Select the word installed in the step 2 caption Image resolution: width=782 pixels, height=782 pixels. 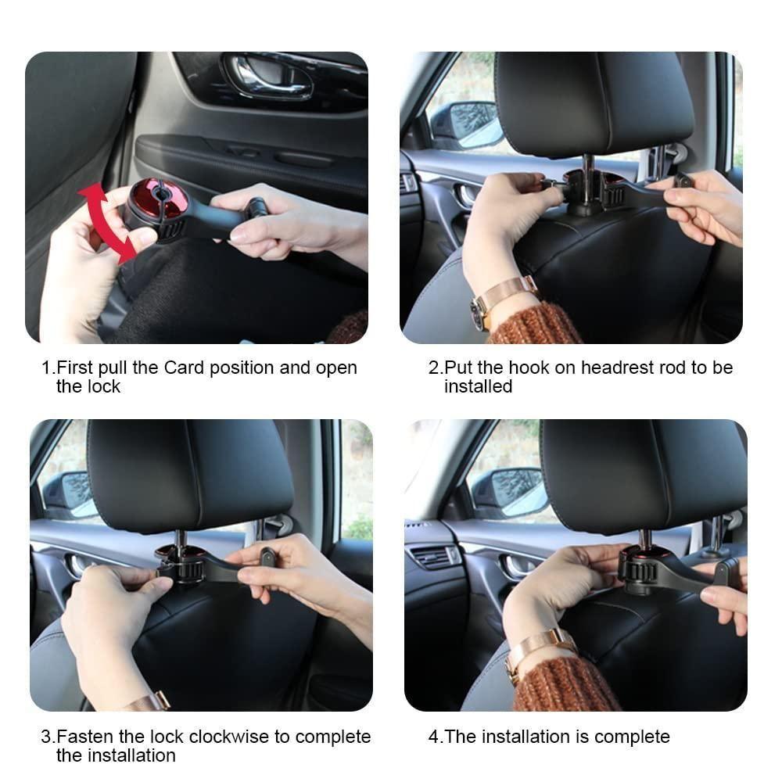[x=478, y=386]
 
